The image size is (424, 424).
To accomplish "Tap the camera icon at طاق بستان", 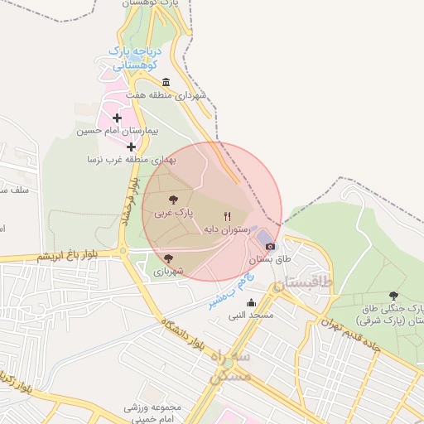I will tap(271, 245).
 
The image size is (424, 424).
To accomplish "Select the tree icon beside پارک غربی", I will tap(173, 200).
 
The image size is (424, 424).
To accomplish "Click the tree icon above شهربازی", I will tap(169, 258).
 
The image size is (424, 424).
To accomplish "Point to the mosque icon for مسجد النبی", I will tap(252, 302).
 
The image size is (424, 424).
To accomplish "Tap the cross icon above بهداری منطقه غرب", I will tap(131, 147).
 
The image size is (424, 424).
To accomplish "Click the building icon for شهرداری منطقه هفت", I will tap(166, 82).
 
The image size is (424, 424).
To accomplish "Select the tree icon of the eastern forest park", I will tap(393, 296).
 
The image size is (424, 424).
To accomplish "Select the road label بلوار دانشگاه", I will tap(185, 332).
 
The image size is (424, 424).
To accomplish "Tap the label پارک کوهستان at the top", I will tap(154, 4).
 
